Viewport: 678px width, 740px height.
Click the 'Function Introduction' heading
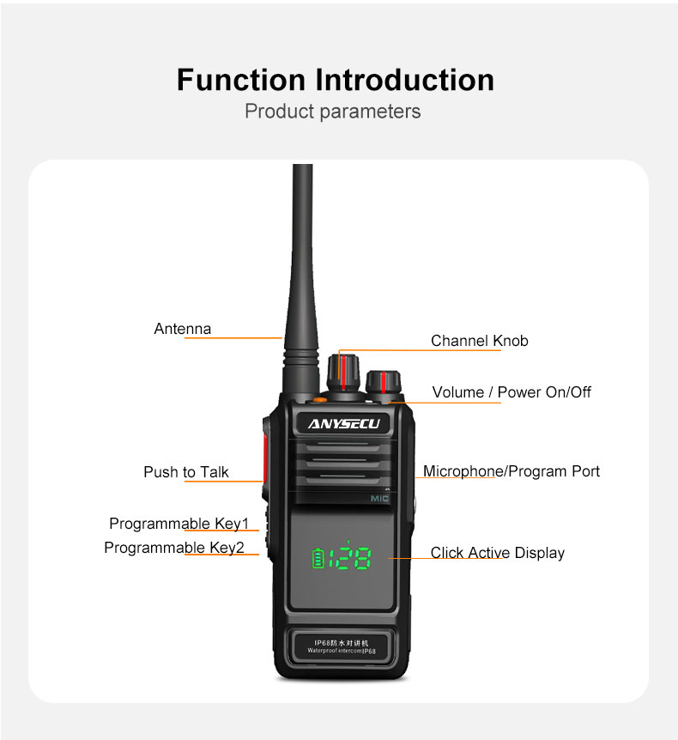click(336, 79)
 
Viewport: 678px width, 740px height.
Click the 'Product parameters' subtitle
click(333, 112)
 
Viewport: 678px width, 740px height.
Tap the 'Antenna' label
click(183, 329)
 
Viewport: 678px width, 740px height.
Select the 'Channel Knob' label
click(480, 341)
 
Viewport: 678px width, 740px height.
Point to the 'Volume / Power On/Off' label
click(512, 391)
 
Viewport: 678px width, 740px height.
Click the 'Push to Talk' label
click(186, 472)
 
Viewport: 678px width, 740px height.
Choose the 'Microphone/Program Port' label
click(512, 471)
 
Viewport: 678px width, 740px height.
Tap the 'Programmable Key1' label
click(179, 524)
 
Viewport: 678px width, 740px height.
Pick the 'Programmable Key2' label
click(174, 548)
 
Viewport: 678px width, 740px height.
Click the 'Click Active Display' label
click(497, 553)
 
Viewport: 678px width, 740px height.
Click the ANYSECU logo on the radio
click(344, 424)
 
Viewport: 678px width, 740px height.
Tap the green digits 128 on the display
click(350, 558)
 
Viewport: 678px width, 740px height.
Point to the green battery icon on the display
click(318, 558)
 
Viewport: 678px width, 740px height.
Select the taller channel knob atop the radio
click(343, 372)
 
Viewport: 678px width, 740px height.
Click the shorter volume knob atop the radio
click(384, 384)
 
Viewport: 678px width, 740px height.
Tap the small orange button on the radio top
click(320, 400)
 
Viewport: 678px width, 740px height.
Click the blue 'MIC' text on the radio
click(379, 499)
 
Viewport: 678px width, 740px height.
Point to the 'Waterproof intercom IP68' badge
click(342, 646)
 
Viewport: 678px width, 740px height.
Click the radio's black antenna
click(301, 278)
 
